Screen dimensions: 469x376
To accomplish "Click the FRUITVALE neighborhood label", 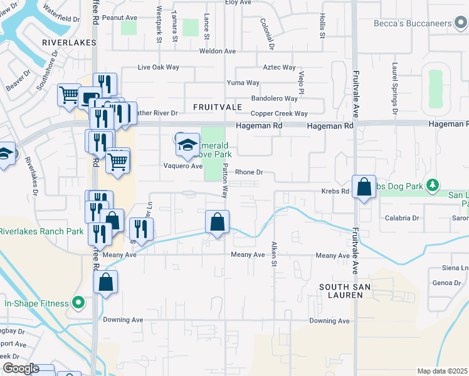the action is click(x=216, y=107).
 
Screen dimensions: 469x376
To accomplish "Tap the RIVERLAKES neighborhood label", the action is click(x=69, y=43).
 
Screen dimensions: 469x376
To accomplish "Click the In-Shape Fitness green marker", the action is click(x=78, y=304).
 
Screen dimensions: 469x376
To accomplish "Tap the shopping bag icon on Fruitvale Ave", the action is click(x=364, y=187).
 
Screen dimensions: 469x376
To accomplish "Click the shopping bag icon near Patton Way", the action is click(x=217, y=222).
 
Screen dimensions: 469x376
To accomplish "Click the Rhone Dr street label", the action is click(x=248, y=172).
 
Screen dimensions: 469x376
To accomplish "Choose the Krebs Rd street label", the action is click(x=335, y=191).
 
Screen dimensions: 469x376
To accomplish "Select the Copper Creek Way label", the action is click(x=279, y=114).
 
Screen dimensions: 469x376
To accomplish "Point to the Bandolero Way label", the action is click(x=274, y=98).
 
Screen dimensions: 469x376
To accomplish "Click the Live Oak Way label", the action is click(x=158, y=67).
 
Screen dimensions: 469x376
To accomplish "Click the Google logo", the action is click(x=21, y=368).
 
